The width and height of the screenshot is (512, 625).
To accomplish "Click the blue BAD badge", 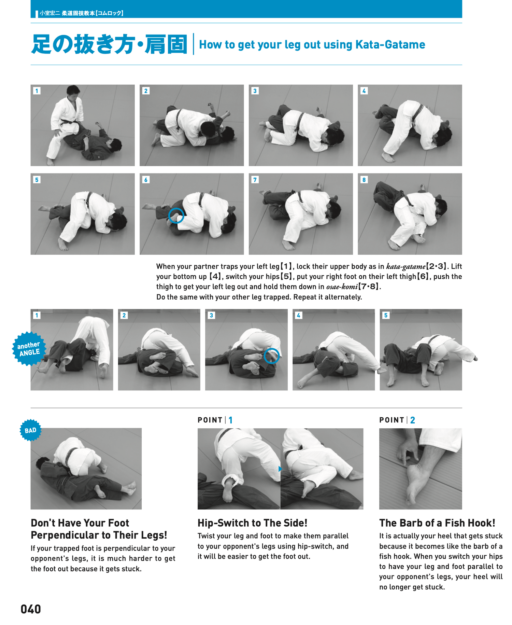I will tap(30, 430).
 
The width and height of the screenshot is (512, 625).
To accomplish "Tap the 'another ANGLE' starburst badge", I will tap(29, 349).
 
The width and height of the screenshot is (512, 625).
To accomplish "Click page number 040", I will tap(30, 609).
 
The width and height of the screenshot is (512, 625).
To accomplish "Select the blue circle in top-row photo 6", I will tap(176, 216).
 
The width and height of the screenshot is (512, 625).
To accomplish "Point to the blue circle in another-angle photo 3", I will tap(271, 356).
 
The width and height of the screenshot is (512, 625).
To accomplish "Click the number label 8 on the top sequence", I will tap(364, 180).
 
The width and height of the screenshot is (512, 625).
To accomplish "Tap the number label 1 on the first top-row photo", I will tap(37, 91).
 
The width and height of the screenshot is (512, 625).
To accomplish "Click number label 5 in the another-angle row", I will tap(386, 315).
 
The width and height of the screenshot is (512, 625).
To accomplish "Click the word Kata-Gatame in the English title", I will tap(390, 45).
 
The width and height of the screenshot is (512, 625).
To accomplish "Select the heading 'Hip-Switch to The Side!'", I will tap(252, 523).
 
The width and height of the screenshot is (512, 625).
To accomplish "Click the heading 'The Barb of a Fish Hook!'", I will tap(437, 523).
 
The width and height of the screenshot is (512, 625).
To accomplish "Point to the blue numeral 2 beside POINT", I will tap(413, 420).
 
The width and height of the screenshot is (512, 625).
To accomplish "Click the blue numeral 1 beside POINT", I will tap(231, 420).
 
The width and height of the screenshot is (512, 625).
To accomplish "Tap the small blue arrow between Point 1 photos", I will tap(280, 469).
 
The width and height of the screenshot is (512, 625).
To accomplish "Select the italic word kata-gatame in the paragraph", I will tap(406, 266).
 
